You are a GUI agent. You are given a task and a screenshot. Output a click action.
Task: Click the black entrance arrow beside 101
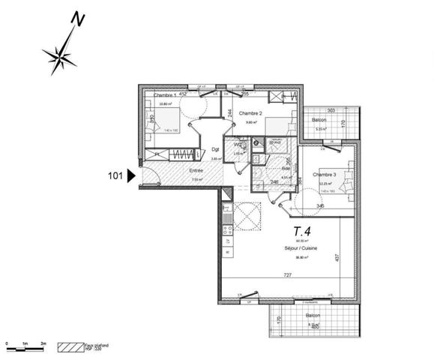point(131,176)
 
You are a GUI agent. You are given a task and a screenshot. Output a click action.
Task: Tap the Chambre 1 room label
point(165,96)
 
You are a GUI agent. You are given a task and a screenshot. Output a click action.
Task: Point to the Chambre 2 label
point(250,113)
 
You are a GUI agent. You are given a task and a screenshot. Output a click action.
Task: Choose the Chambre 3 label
point(323,174)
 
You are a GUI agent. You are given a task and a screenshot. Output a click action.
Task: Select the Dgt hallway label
point(214,148)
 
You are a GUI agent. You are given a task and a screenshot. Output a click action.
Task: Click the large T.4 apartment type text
point(303,230)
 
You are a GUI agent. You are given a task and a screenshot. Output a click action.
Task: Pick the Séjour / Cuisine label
point(302,247)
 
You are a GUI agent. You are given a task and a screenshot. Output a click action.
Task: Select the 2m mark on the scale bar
point(43,343)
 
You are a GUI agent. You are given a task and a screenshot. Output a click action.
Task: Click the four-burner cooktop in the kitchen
point(226,238)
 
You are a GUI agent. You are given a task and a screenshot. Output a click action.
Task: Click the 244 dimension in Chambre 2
point(228,112)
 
